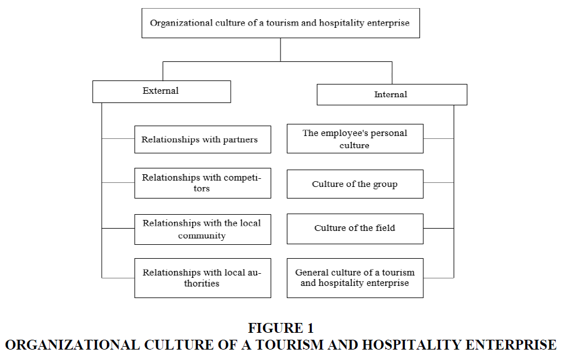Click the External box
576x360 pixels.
161,91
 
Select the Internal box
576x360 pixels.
392,94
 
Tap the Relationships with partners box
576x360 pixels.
203,139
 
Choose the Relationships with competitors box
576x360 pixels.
203,183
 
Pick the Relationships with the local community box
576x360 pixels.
203,229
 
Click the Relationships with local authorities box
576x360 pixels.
203,278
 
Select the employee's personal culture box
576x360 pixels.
355,139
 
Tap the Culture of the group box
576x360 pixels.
355,184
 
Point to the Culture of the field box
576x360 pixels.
355,229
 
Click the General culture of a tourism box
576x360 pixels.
355,278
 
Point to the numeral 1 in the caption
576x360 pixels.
311,328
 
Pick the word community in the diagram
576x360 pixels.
202,236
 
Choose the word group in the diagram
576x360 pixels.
385,185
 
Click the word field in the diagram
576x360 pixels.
385,228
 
